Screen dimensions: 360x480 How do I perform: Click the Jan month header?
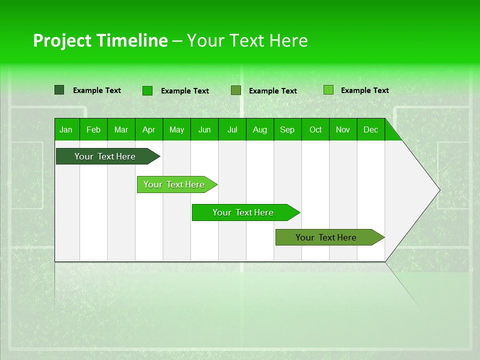[x=66, y=129]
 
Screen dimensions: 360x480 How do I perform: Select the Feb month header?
[x=93, y=129]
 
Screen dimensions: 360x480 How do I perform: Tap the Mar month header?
[x=121, y=129]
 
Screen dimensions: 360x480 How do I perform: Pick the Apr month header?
[x=149, y=129]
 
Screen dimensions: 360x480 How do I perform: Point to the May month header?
[x=176, y=129]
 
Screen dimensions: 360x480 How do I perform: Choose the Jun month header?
[x=204, y=129]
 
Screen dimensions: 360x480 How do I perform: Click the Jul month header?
[x=232, y=129]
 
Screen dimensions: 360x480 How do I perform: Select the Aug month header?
[x=260, y=129]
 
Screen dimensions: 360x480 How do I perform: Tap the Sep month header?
[x=287, y=129]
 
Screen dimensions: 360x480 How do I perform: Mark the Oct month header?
[x=315, y=129]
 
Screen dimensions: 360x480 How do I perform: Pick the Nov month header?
[x=343, y=129]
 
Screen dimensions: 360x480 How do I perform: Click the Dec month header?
[x=371, y=129]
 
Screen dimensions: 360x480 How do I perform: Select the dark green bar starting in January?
[x=105, y=156]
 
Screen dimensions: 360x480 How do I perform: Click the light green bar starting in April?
[x=174, y=184]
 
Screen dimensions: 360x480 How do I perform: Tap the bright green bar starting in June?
[x=243, y=212]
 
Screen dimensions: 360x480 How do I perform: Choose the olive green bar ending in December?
[x=326, y=237]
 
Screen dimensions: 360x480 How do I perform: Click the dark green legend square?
[x=59, y=90]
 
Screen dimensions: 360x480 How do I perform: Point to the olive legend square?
[x=236, y=90]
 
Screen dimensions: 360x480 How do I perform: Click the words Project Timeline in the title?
[x=100, y=40]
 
